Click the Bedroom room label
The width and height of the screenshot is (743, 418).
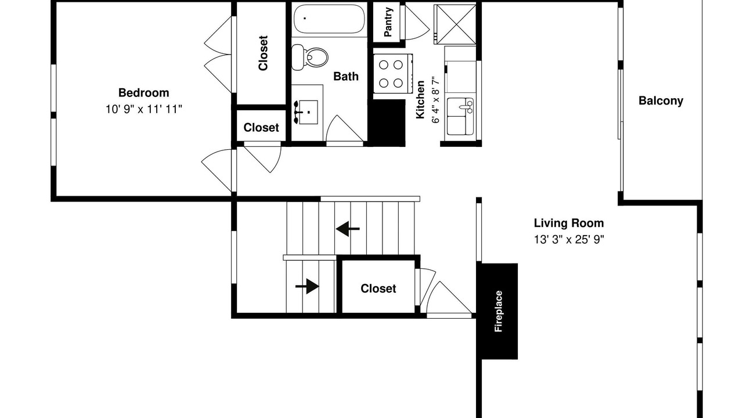pos(143,92)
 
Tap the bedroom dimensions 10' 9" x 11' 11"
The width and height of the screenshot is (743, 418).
pos(143,109)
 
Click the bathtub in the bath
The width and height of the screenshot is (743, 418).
pos(329,19)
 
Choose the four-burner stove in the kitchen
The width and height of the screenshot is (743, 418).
pos(393,74)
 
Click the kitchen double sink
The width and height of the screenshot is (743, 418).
pos(460,116)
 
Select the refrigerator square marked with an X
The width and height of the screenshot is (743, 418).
pos(455,24)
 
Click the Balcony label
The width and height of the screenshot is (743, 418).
pos(661,100)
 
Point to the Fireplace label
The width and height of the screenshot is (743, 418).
pos(499,311)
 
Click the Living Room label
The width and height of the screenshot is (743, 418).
pos(569,223)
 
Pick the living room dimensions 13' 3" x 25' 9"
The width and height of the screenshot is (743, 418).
pos(569,239)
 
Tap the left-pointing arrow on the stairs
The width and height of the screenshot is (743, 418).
pos(348,229)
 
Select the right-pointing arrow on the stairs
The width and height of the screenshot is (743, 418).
pos(307,286)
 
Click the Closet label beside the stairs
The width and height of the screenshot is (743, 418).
pos(378,289)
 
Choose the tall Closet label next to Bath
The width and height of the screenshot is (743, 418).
pos(263,53)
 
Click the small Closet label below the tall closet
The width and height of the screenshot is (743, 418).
pos(261,127)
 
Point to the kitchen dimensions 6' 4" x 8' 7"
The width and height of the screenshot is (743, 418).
pos(435,100)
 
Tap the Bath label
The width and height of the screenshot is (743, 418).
pos(346,76)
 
